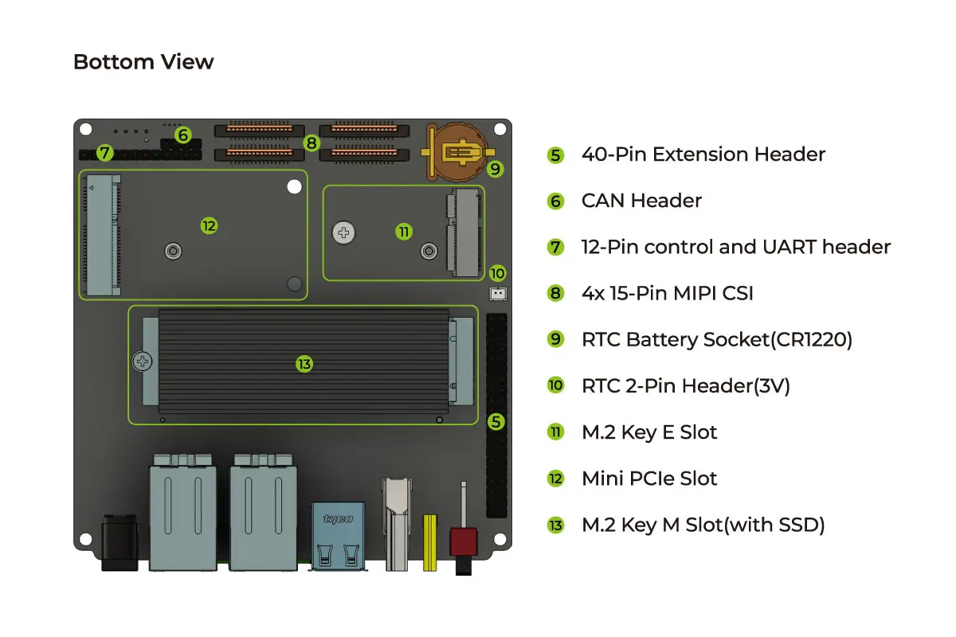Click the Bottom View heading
pyautogui.click(x=143, y=62)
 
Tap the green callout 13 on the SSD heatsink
pyautogui.click(x=304, y=364)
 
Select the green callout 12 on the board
pyautogui.click(x=209, y=226)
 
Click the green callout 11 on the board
pyautogui.click(x=404, y=232)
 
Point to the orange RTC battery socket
pyautogui.click(x=457, y=150)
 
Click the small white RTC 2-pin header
pyautogui.click(x=498, y=293)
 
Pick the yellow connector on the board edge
pyautogui.click(x=430, y=542)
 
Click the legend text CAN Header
pyautogui.click(x=641, y=201)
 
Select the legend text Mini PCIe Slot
pyautogui.click(x=649, y=479)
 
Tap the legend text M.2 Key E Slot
pyautogui.click(x=649, y=432)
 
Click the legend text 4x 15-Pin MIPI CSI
pyautogui.click(x=668, y=293)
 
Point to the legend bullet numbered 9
pyautogui.click(x=556, y=339)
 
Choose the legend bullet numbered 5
pyautogui.click(x=556, y=154)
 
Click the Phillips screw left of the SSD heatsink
pyautogui.click(x=143, y=361)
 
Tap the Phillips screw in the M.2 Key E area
pyautogui.click(x=344, y=233)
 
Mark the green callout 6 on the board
pyautogui.click(x=183, y=135)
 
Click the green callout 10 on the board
pyautogui.click(x=498, y=272)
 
